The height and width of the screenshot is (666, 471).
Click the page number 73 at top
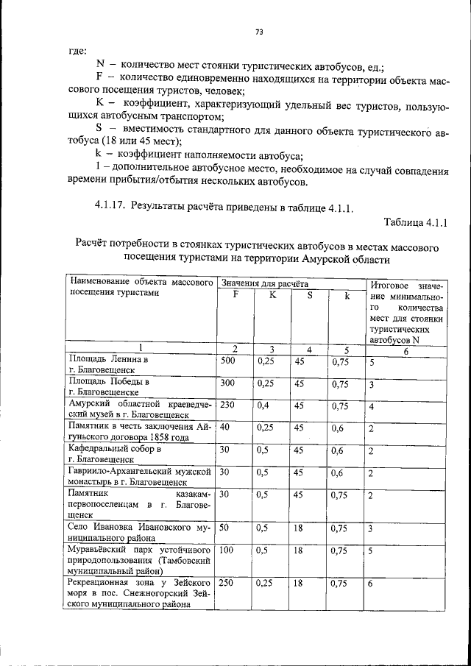259,31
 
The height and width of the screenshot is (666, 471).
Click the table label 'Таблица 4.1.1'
416,222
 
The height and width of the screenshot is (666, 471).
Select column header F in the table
235,295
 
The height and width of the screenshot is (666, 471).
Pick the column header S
310,295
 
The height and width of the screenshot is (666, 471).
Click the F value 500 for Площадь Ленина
228,361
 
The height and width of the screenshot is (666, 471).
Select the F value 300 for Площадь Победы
228,383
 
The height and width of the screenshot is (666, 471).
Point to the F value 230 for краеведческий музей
228,405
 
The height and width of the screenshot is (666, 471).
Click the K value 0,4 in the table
263,405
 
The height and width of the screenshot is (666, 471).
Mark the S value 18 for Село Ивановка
299,528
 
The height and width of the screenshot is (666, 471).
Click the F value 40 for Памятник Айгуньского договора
225,427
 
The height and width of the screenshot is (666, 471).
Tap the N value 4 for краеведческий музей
372,406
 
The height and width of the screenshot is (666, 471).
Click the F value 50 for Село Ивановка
225,528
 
